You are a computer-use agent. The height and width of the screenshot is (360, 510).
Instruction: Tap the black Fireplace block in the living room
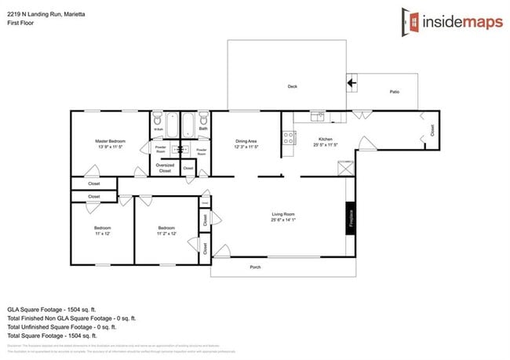coord(351,216)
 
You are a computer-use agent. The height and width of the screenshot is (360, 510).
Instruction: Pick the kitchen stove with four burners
coord(288,139)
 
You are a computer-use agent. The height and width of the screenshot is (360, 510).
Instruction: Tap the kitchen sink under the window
coord(317,118)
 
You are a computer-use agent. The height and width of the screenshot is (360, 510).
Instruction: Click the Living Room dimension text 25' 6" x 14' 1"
coord(282,220)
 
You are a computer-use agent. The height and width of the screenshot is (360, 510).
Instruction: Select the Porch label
coord(255,267)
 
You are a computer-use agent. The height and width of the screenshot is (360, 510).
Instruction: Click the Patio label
coord(395,93)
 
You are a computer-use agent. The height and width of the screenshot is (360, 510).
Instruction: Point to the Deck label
coord(292,87)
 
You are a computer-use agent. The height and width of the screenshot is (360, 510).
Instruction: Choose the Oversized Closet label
coord(165,168)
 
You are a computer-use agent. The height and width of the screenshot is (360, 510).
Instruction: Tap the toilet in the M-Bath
coord(158,120)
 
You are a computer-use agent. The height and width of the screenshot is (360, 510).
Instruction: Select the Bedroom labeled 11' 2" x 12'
coord(166,231)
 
